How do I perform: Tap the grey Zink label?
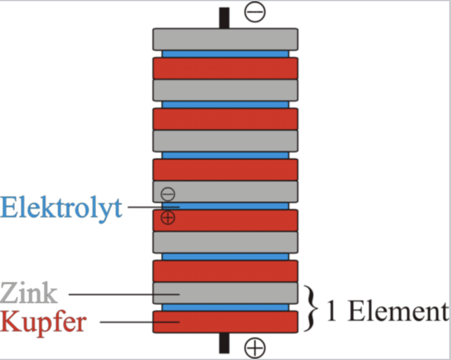(x=29, y=293)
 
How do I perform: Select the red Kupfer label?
(x=43, y=323)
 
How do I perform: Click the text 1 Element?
(x=388, y=311)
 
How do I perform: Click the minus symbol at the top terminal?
(x=255, y=12)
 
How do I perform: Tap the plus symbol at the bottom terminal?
(x=255, y=347)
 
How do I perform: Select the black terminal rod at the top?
(x=224, y=18)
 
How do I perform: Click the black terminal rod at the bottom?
(x=224, y=343)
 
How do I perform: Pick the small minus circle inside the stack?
(x=168, y=194)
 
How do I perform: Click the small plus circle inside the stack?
(x=168, y=218)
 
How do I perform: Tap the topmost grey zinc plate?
(x=225, y=40)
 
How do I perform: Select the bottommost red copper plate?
(x=225, y=322)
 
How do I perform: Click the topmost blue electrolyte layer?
(x=225, y=54)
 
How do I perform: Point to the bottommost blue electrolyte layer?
(x=225, y=307)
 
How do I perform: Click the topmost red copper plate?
(x=225, y=68)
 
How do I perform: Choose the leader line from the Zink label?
(x=124, y=295)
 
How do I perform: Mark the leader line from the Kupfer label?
(x=140, y=322)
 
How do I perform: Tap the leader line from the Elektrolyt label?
(x=154, y=207)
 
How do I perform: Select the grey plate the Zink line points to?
(x=225, y=293)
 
